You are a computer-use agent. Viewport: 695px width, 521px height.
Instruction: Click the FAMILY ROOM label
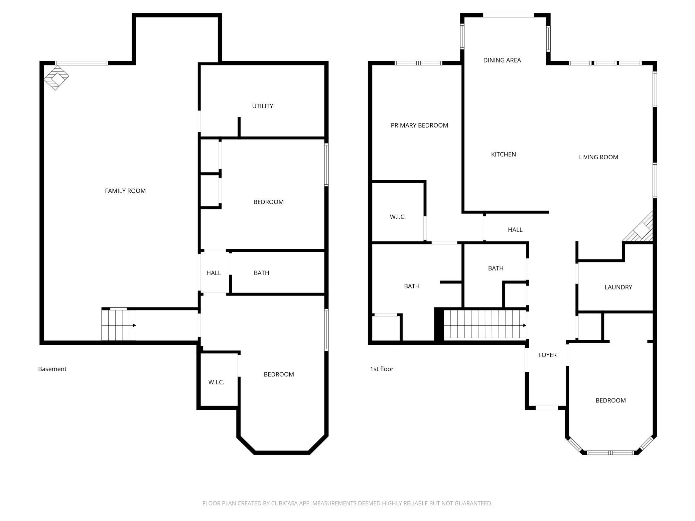click(125, 191)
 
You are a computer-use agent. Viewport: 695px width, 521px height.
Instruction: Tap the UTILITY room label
click(263, 106)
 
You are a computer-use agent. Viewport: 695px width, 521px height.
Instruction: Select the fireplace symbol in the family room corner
click(56, 77)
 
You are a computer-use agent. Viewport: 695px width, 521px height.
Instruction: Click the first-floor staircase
click(485, 325)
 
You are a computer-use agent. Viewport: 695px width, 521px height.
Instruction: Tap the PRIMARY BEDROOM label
click(419, 125)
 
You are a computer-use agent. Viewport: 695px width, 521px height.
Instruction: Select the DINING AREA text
click(502, 60)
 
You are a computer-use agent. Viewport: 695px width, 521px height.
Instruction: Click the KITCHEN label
click(504, 154)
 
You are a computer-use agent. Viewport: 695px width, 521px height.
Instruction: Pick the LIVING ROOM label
click(598, 157)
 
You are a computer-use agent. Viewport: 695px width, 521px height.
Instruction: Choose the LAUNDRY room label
click(618, 287)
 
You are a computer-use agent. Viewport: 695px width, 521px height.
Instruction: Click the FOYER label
click(547, 355)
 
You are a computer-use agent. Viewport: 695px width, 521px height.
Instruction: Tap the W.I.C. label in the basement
click(216, 382)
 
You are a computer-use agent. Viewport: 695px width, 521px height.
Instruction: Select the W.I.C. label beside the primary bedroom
click(398, 217)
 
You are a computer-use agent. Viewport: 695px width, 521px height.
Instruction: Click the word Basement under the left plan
click(52, 369)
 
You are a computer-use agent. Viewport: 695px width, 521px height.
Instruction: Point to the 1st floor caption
click(382, 369)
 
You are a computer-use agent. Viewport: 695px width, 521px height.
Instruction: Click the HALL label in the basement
click(214, 273)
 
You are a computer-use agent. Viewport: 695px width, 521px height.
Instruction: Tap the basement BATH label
click(261, 273)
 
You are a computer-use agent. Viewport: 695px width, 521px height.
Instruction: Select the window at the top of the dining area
click(509, 15)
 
